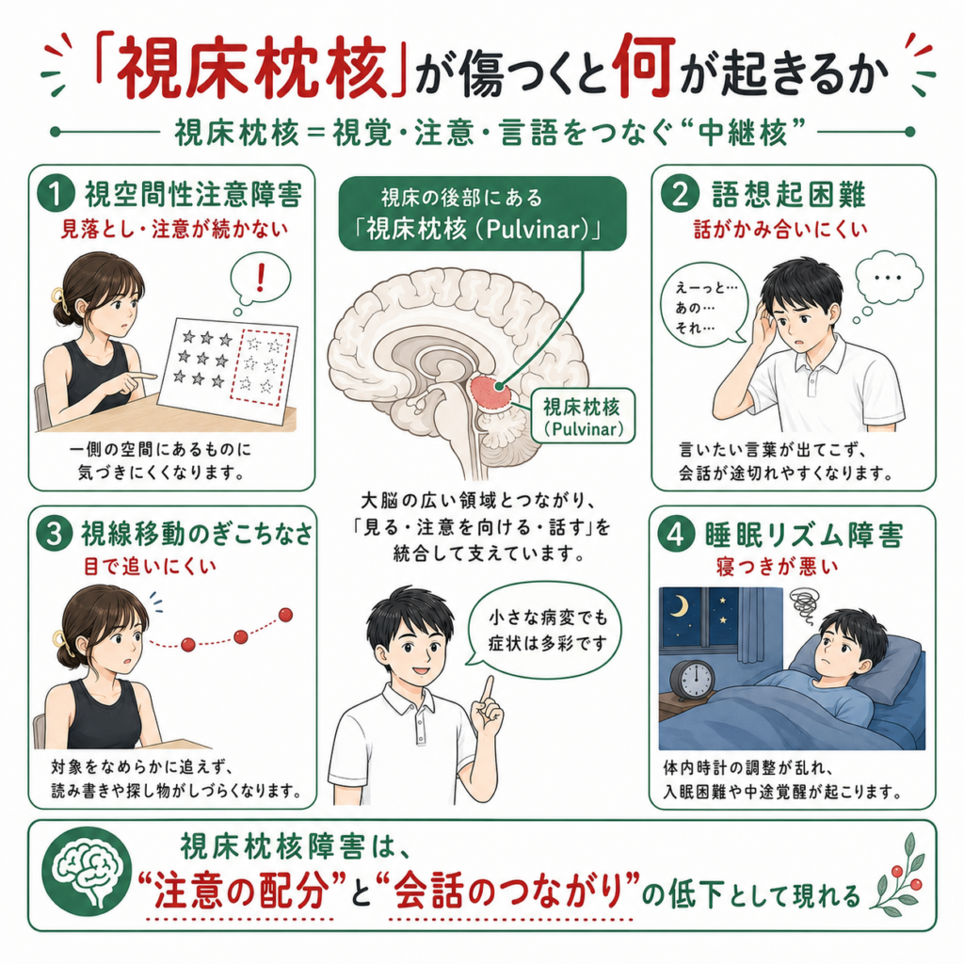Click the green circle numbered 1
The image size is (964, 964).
pyautogui.click(x=56, y=194)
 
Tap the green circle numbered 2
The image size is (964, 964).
pyautogui.click(x=680, y=194)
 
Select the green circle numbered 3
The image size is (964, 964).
pyautogui.click(x=55, y=534)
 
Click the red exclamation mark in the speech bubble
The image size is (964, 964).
pyautogui.click(x=262, y=278)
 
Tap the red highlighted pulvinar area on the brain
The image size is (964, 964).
pyautogui.click(x=491, y=392)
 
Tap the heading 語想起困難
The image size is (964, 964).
pyautogui.click(x=789, y=194)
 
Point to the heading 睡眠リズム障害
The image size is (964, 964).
pyautogui.click(x=804, y=535)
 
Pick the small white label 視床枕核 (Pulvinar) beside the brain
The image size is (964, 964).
pyautogui.click(x=582, y=416)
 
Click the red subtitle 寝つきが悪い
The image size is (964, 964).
pyautogui.click(x=777, y=566)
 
